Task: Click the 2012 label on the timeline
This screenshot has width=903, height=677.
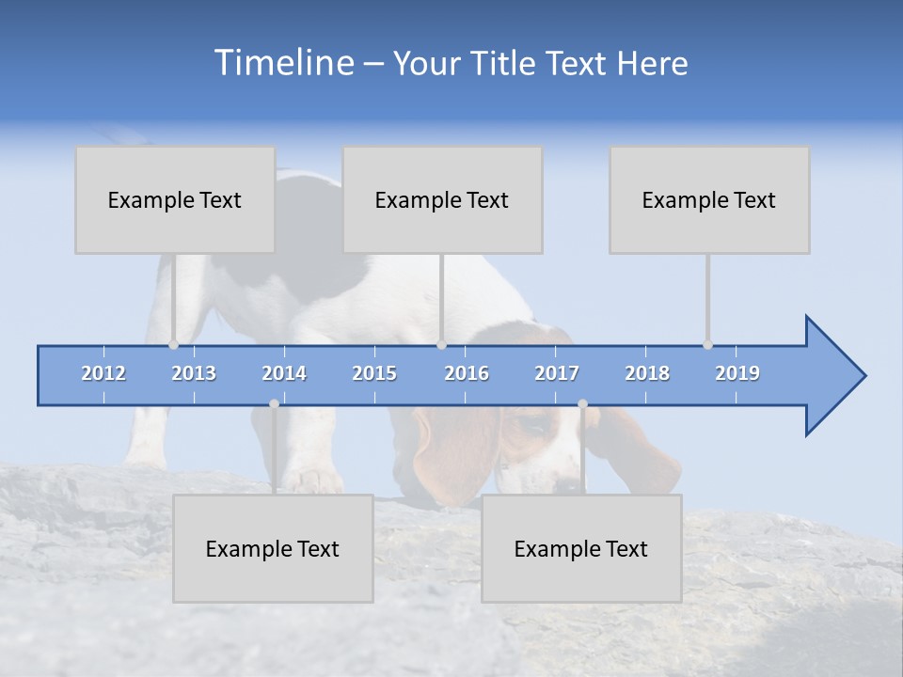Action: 103,373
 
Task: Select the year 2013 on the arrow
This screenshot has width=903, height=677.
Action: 194,373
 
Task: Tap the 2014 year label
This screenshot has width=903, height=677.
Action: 284,373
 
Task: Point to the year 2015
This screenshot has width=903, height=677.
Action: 374,373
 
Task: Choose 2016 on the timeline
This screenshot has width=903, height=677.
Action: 467,373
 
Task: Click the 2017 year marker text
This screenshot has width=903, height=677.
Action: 557,373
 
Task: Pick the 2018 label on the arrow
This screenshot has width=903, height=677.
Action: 647,373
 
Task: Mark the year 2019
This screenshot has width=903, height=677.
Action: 737,373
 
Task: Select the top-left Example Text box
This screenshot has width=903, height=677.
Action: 175,199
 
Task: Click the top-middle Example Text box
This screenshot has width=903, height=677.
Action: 442,199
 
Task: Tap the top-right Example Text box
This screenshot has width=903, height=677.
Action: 709,199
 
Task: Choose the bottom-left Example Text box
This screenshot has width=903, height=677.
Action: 273,548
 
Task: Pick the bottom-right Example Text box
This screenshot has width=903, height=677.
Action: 581,548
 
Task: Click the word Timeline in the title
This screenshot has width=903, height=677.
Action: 282,63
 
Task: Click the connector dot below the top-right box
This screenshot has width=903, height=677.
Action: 707,345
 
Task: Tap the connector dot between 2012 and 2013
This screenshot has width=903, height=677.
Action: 173,345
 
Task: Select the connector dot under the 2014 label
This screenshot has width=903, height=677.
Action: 274,403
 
